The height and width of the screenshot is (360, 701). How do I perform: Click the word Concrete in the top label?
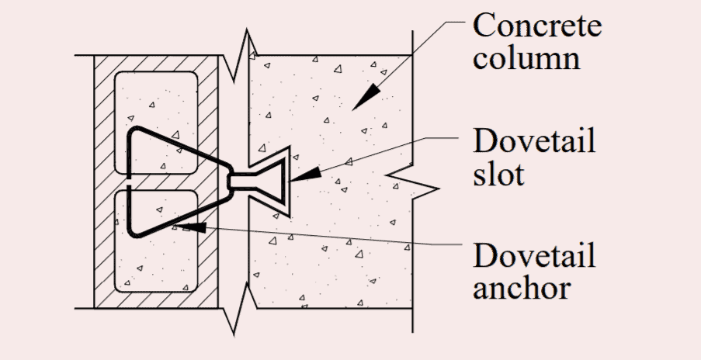point(537,25)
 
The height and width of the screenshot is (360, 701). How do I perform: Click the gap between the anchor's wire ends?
point(130,180)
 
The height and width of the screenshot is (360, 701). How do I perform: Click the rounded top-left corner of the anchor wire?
point(133,132)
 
